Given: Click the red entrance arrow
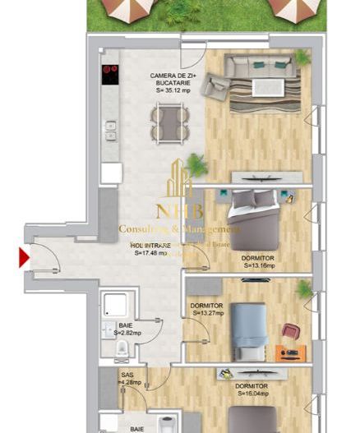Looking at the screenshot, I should point(24,260).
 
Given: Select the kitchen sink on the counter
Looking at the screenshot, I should point(109,129).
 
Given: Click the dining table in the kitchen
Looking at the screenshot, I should point(170,125).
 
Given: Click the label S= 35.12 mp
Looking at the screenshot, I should point(170,90).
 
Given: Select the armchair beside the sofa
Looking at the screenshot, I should point(216,83).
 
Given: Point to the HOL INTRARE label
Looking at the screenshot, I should point(151,245).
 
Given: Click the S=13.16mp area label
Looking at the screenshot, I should point(257,266).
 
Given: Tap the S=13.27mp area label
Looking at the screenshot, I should point(210,312).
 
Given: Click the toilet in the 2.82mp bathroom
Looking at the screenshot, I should point(122,348).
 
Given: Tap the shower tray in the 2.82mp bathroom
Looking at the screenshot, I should point(114,306).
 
